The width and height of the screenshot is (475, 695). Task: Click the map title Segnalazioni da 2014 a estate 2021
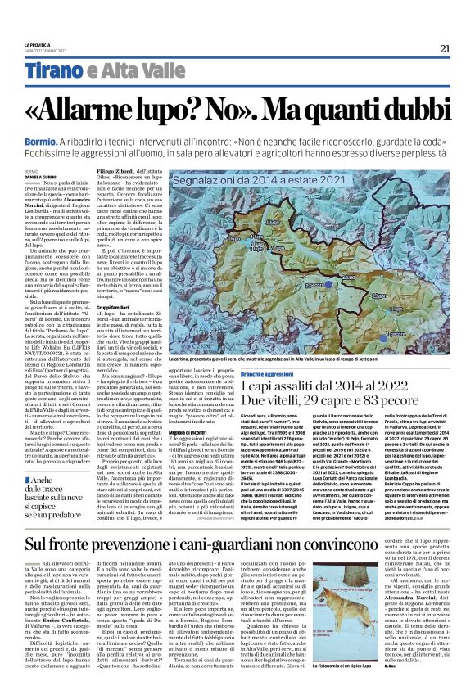coord(260,179)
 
